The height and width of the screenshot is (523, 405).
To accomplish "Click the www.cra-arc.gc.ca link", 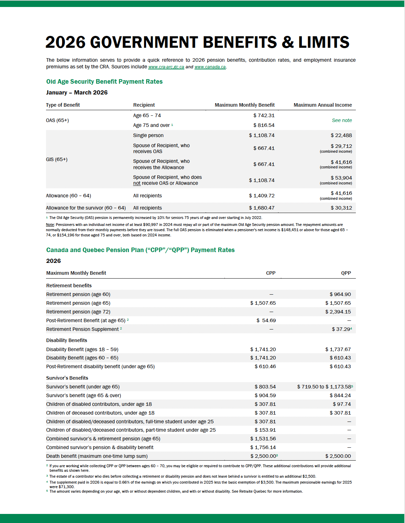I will (x=166, y=67).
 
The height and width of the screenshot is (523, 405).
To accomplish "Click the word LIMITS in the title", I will (x=323, y=43).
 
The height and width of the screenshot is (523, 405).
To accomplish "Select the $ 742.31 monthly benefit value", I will (x=264, y=115).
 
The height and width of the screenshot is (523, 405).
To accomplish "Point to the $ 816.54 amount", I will (x=264, y=125).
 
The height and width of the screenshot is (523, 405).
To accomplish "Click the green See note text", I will (x=342, y=120).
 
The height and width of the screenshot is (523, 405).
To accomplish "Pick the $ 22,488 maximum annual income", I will (x=341, y=135).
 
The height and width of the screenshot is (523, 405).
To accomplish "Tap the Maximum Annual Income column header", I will (x=322, y=105).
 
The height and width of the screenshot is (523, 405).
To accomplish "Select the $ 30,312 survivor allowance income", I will (x=341, y=208).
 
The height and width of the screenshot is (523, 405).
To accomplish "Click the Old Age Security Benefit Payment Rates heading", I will (x=104, y=82).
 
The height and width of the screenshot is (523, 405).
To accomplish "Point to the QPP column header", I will (x=346, y=273).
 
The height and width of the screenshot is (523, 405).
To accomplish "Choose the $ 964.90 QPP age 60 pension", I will (x=340, y=294).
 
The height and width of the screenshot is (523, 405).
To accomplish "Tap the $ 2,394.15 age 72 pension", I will (x=338, y=312).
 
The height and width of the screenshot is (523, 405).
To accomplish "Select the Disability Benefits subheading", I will (x=67, y=340).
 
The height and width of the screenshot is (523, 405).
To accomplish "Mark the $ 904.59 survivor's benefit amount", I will (x=265, y=395).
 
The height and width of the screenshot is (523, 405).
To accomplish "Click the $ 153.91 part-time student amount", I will (x=265, y=430).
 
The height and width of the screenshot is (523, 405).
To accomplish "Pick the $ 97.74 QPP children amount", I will (x=342, y=404).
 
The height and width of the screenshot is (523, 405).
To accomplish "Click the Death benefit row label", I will (x=97, y=456).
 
